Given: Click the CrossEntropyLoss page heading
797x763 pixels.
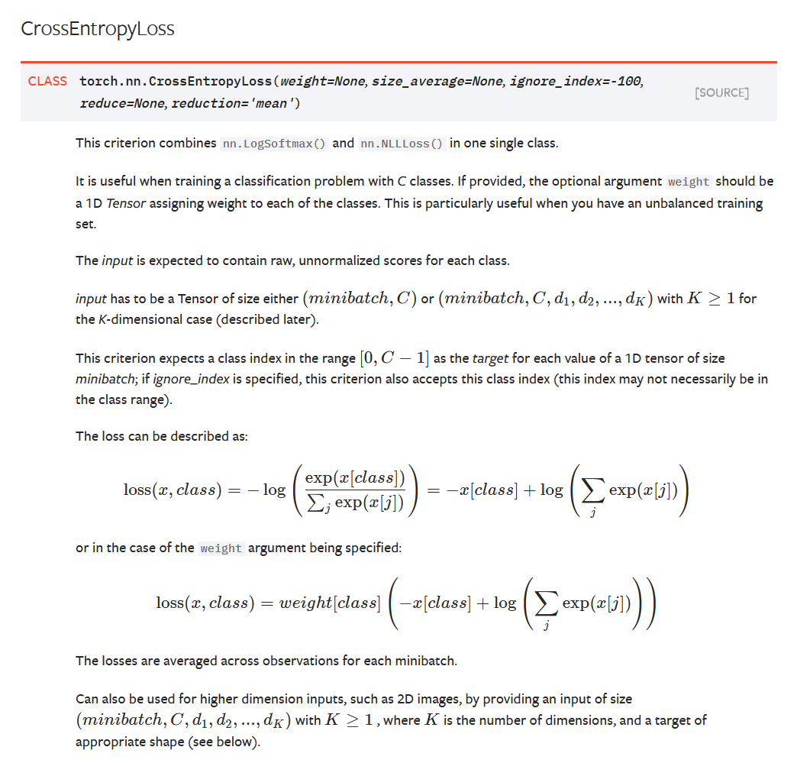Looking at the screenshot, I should pyautogui.click(x=98, y=29).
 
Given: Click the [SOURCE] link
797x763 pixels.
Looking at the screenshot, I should pyautogui.click(x=721, y=92).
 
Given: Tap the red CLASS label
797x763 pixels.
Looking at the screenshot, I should pyautogui.click(x=47, y=81).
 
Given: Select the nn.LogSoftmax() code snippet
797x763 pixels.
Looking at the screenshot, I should pyautogui.click(x=275, y=144).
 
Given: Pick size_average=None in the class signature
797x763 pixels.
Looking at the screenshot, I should pyautogui.click(x=437, y=81).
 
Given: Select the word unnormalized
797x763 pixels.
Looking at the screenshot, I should pyautogui.click(x=347, y=260).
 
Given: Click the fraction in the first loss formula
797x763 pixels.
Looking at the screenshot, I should pyautogui.click(x=354, y=490).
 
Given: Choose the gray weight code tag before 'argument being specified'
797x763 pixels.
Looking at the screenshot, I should pyautogui.click(x=221, y=548).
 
